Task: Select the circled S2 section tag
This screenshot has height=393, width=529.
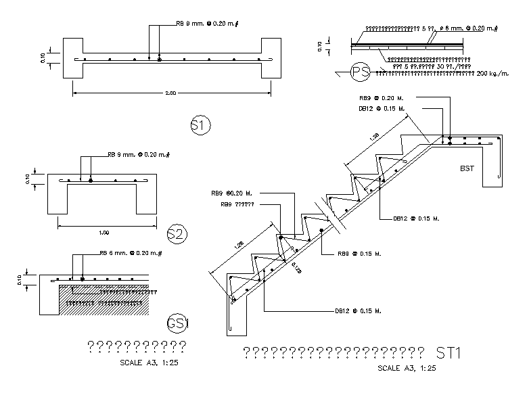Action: (x=175, y=234)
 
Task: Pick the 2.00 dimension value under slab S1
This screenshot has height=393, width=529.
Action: (x=170, y=93)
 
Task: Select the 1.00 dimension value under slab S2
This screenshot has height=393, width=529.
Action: (x=103, y=233)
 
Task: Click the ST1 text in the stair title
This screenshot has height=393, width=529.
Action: (x=448, y=352)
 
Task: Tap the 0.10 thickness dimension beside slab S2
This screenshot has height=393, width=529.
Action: (x=28, y=178)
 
